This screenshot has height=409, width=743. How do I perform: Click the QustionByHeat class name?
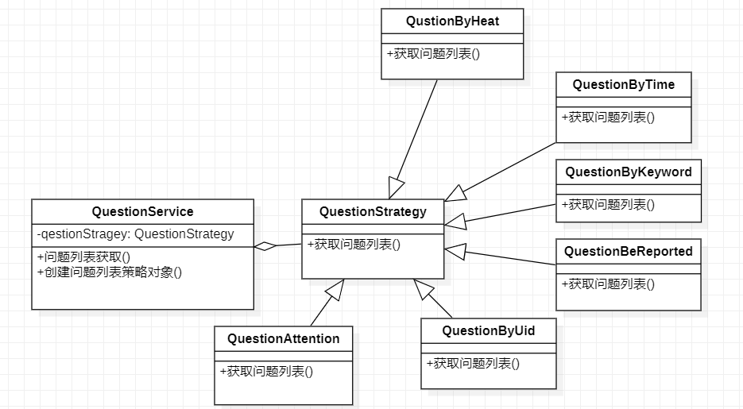[452, 21]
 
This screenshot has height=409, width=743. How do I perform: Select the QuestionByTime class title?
[623, 85]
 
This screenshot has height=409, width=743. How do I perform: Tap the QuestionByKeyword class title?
[628, 172]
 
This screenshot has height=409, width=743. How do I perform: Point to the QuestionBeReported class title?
[628, 252]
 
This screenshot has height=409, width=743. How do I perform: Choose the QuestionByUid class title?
[488, 331]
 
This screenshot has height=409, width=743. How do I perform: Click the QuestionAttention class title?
[283, 339]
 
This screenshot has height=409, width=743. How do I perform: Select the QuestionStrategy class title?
[373, 212]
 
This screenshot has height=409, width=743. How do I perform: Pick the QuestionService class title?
[142, 212]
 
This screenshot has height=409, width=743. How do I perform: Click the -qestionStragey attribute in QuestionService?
[136, 233]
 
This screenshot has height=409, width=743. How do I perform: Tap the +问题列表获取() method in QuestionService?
[83, 257]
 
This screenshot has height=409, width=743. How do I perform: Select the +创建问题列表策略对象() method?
[110, 272]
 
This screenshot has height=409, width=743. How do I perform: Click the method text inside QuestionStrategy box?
[354, 245]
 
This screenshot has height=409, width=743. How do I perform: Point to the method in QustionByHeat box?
[433, 54]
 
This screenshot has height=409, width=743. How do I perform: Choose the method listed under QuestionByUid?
[473, 364]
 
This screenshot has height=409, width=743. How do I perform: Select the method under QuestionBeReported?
[608, 284]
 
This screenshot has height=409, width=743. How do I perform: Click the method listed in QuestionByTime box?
[608, 117]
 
